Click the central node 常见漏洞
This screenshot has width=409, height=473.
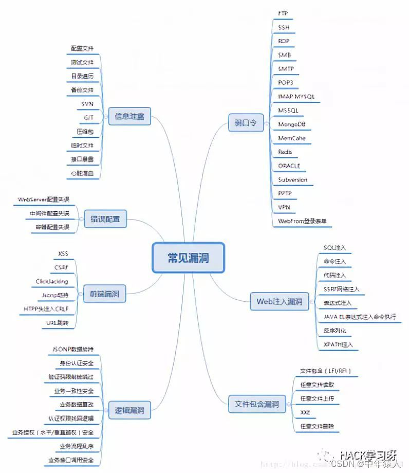(189, 257)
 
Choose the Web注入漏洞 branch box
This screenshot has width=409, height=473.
(278, 302)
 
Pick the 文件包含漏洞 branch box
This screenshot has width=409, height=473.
(256, 404)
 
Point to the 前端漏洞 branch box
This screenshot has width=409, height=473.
(105, 295)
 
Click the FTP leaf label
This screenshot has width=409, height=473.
(283, 12)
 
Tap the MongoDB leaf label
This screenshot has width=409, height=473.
(292, 124)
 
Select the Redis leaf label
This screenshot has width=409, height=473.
(285, 152)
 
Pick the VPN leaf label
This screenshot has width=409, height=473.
(284, 208)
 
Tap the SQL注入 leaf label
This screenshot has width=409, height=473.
(334, 247)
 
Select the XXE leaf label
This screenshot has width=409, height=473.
(305, 412)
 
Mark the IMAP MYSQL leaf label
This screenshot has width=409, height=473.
(296, 96)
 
